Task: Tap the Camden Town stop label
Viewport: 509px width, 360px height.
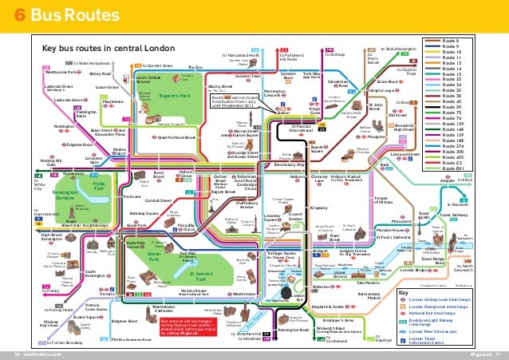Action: pyautogui.click(x=248, y=76)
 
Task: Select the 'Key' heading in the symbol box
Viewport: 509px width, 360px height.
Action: pyautogui.click(x=404, y=293)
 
